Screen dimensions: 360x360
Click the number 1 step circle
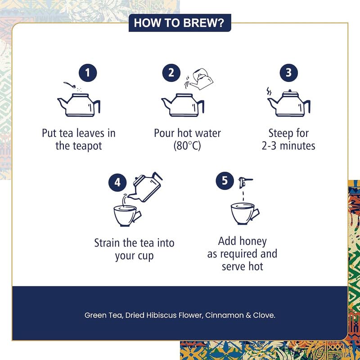tap(88, 73)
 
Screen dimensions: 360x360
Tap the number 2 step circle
tap(171, 73)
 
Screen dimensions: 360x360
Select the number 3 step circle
tap(288, 73)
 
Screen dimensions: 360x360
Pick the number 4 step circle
tap(117, 183)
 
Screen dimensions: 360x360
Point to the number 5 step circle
tap(225, 181)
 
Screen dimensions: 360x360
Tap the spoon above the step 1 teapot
tap(69, 85)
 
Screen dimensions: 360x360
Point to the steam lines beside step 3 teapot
tap(269, 91)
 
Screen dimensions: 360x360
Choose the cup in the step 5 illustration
tap(245, 213)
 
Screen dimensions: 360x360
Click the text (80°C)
tap(187, 145)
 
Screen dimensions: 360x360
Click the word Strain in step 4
tap(107, 243)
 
